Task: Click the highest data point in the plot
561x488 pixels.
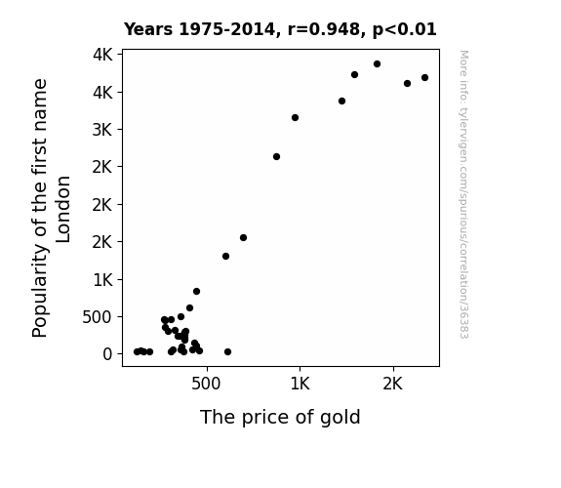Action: coord(377,64)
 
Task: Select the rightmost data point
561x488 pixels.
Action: coord(424,78)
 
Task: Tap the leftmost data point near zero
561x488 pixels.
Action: coord(137,352)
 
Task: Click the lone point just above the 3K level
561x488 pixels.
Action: coord(295,118)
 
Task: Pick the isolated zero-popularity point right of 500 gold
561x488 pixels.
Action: coord(227,352)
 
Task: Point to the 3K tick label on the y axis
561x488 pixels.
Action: coord(102,130)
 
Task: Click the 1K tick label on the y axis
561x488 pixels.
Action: coord(103,280)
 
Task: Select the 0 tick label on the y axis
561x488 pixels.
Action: coord(107,354)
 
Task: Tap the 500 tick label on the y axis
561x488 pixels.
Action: coord(98,317)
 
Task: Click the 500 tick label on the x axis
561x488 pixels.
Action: coord(206,384)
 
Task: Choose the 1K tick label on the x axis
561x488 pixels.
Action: coord(300,384)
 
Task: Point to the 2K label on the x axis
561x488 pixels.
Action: coord(393,384)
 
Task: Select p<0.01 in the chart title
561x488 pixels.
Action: coord(405,29)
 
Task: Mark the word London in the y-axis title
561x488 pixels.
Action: coord(63,210)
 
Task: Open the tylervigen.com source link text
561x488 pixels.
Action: coord(463,194)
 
